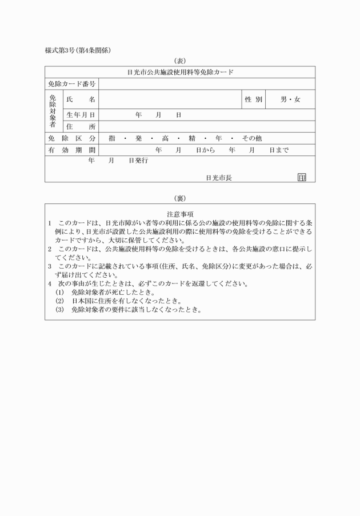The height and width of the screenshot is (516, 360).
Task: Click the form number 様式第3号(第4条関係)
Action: [x=78, y=50]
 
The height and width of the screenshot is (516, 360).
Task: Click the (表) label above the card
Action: [x=180, y=61]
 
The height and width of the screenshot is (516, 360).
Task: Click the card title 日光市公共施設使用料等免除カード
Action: [x=180, y=73]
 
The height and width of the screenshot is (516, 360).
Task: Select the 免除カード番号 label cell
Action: [x=71, y=84]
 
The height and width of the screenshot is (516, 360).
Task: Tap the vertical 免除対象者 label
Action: [x=53, y=111]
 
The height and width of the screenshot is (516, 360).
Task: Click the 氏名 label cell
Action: [x=81, y=99]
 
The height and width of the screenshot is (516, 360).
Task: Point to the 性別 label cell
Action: [x=253, y=99]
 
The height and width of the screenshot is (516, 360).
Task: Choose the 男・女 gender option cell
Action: [x=290, y=99]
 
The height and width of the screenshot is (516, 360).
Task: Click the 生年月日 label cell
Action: [x=81, y=115]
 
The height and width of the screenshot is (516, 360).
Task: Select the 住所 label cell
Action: [x=81, y=126]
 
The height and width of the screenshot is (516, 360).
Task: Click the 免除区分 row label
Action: [x=71, y=138]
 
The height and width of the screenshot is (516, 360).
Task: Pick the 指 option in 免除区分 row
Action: [x=112, y=138]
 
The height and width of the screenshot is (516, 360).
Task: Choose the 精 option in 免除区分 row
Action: [x=192, y=138]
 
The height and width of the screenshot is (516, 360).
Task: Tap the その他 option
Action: [x=252, y=138]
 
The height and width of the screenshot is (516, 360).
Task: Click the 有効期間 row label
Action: [x=71, y=150]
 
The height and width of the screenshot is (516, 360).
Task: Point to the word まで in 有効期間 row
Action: [x=282, y=150]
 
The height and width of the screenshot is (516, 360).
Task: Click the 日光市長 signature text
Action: [x=219, y=178]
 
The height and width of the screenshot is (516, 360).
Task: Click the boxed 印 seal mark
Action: [x=301, y=178]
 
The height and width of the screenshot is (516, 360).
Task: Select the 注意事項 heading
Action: [x=180, y=214]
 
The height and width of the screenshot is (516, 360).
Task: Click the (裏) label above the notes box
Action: [x=180, y=198]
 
